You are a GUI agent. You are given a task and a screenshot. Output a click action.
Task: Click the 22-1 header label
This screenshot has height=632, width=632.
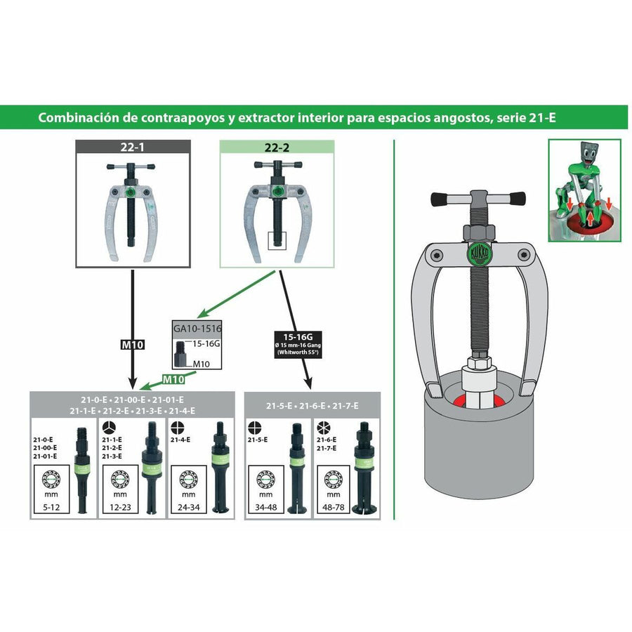pyautogui.click(x=133, y=147)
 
